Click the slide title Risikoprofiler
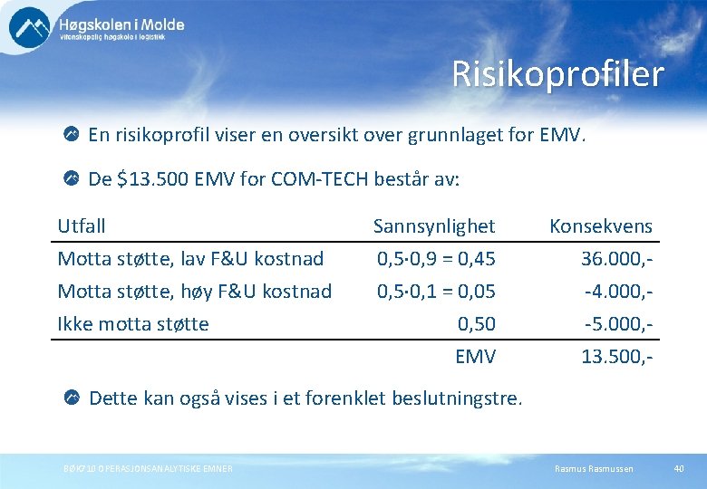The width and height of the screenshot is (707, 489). [557, 74]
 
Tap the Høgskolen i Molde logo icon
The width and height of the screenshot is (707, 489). [30, 27]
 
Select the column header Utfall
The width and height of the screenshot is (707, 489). [82, 225]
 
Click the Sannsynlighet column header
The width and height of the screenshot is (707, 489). [434, 225]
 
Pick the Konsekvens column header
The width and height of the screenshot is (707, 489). [600, 225]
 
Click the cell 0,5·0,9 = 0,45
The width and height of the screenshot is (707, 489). [436, 259]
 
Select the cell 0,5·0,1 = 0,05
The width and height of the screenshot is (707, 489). [436, 292]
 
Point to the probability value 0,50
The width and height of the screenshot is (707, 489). [476, 324]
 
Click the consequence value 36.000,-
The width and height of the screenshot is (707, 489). [617, 259]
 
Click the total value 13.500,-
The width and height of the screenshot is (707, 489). [617, 357]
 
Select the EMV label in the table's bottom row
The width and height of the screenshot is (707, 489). [475, 357]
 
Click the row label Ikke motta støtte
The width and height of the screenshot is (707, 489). [133, 324]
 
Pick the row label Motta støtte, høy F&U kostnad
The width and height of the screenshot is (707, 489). [194, 292]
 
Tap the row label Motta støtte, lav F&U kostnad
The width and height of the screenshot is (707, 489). [190, 259]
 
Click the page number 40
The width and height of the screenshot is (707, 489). [679, 468]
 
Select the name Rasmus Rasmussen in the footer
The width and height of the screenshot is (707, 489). [594, 468]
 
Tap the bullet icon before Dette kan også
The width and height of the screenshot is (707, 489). [72, 397]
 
